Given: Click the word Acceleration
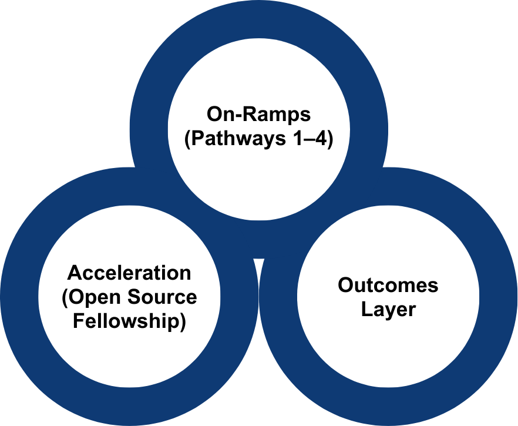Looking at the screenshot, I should pos(129,273).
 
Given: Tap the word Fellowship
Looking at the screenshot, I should pos(126,321).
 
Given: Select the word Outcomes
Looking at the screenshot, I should pos(388,286).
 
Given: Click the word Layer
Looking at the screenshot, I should pos(388,310).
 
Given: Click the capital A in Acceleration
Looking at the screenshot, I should pos(74,273).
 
